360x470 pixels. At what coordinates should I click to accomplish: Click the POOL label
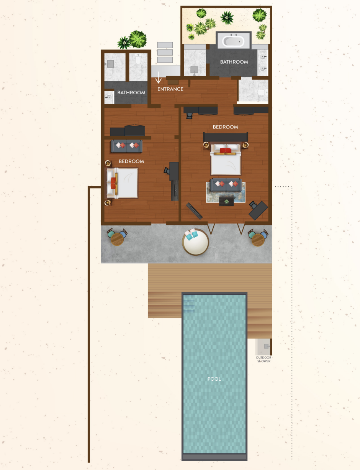tap(214, 379)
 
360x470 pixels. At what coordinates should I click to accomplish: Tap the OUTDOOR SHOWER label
tap(263, 359)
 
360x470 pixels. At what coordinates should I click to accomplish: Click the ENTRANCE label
tap(170, 89)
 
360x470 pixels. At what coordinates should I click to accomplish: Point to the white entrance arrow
tap(159, 77)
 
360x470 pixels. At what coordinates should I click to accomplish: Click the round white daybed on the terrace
tap(196, 242)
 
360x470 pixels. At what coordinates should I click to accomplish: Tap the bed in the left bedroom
tap(122, 183)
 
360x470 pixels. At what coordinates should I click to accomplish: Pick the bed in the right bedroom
tap(226, 159)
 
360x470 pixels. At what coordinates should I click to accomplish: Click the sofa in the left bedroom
tap(127, 146)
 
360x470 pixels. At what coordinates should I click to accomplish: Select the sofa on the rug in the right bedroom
tap(226, 184)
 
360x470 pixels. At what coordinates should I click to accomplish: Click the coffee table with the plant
tap(226, 201)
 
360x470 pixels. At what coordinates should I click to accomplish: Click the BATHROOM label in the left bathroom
tap(131, 92)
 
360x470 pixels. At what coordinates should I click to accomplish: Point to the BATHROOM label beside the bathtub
tap(234, 62)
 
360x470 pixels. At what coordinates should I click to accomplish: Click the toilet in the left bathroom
tap(138, 59)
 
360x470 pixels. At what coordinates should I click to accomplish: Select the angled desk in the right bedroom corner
tap(258, 210)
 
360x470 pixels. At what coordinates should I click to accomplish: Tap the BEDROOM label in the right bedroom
tap(225, 127)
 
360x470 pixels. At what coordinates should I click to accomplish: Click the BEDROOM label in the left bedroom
tap(131, 161)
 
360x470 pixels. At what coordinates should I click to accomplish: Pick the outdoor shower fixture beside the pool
tap(267, 346)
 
